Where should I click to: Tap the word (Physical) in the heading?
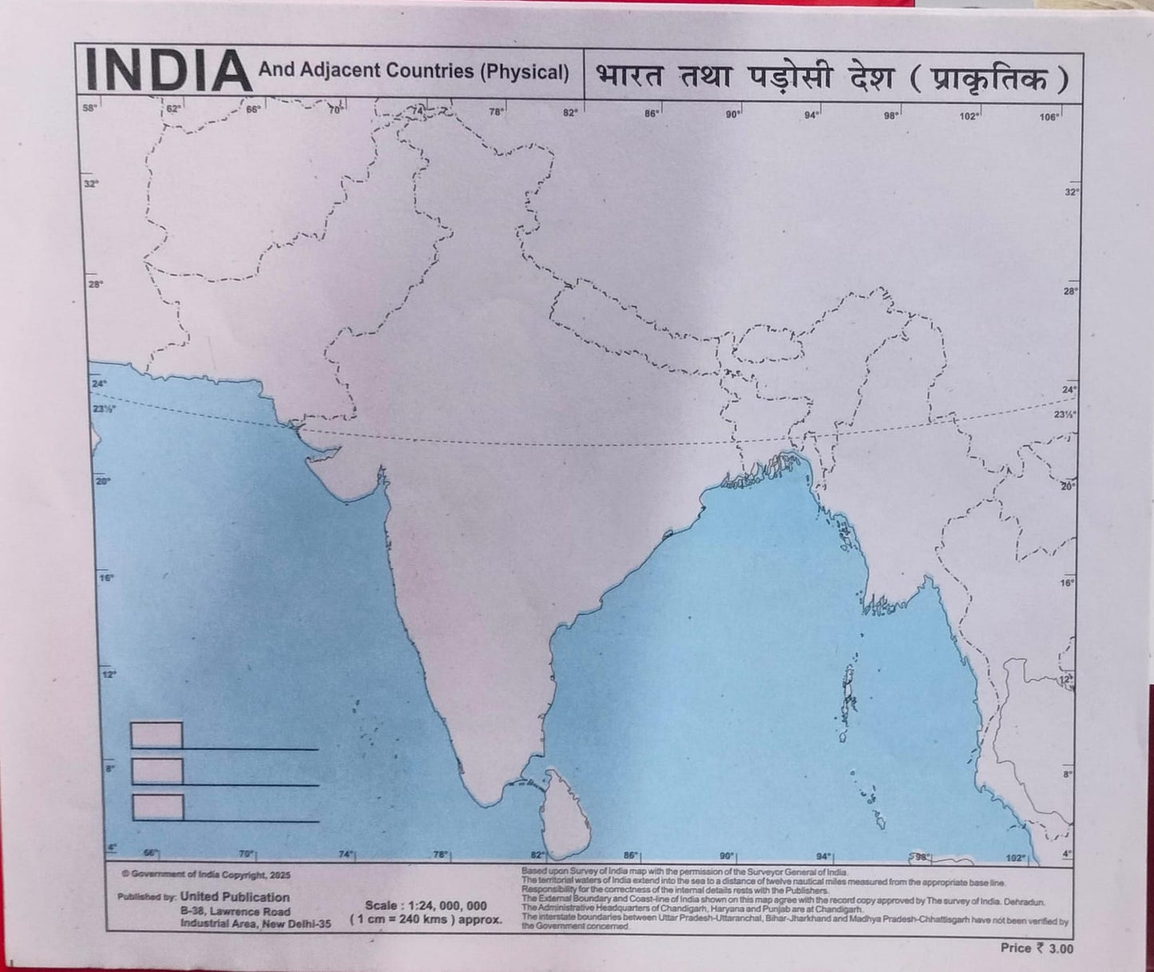pyautogui.click(x=524, y=72)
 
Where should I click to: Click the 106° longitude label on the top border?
pyautogui.click(x=1049, y=117)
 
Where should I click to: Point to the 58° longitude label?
pyautogui.click(x=89, y=108)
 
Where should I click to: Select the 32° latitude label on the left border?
pyautogui.click(x=91, y=184)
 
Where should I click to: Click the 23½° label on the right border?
pyautogui.click(x=1064, y=415)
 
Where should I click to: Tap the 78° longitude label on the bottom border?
pyautogui.click(x=440, y=854)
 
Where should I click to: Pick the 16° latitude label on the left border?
pyautogui.click(x=106, y=577)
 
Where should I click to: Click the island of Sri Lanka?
pyautogui.click(x=564, y=813)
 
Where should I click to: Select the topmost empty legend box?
pyautogui.click(x=157, y=735)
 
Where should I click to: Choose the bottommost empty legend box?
pyautogui.click(x=157, y=807)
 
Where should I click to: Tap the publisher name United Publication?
pyautogui.click(x=235, y=897)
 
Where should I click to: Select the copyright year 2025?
pyautogui.click(x=280, y=875)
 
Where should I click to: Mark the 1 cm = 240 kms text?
pyautogui.click(x=426, y=919)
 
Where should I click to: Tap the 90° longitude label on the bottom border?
pyautogui.click(x=726, y=855)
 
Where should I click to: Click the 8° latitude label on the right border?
pyautogui.click(x=1067, y=774)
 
